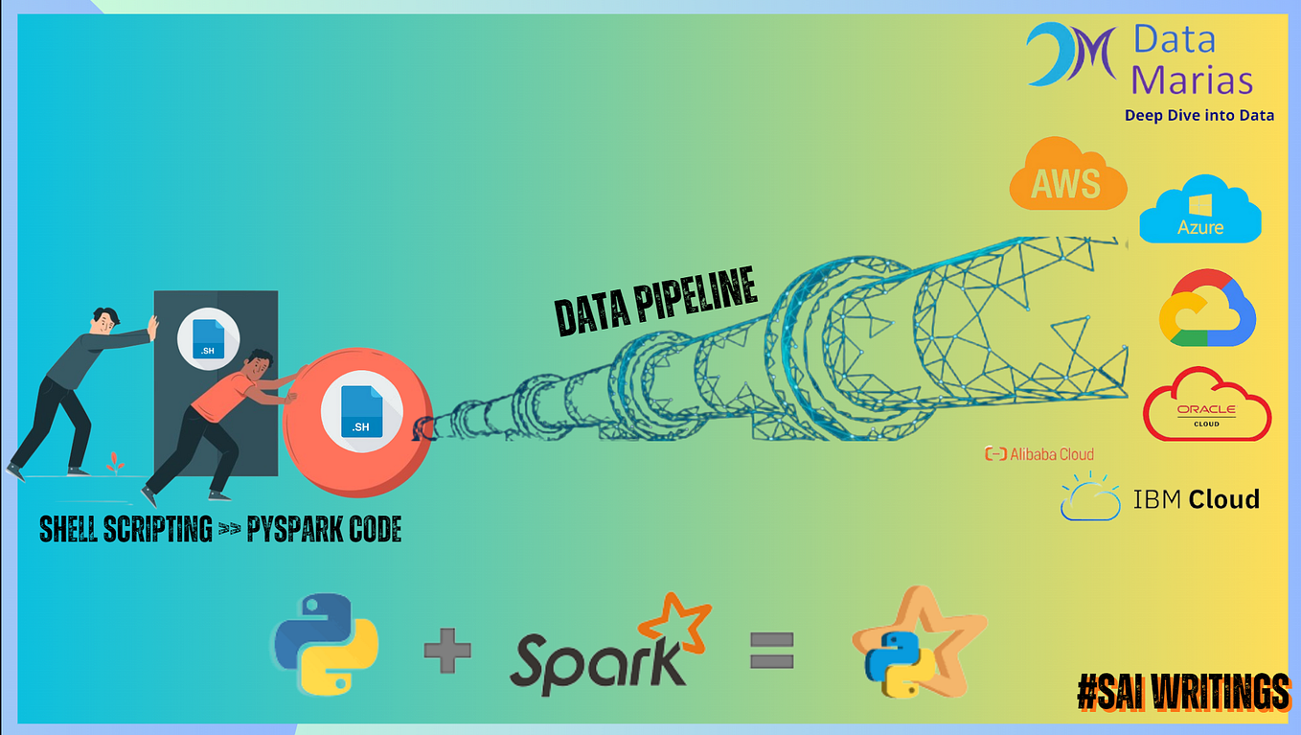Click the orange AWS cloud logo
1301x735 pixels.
click(x=1068, y=173)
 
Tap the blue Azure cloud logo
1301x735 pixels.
click(x=1200, y=209)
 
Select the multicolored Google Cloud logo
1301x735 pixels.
click(x=1207, y=308)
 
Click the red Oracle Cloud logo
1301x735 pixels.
click(x=1207, y=404)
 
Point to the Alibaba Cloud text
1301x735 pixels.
click(x=1039, y=454)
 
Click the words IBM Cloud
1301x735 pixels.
click(x=1196, y=499)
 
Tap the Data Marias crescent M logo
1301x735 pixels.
click(x=1070, y=54)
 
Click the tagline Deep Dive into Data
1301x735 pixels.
click(x=1199, y=115)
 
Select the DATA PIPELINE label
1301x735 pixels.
click(x=656, y=301)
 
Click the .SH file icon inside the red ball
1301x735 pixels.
click(x=361, y=411)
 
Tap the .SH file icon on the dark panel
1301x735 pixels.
click(x=208, y=338)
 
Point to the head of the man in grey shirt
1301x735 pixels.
click(x=105, y=321)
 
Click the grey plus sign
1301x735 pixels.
click(x=447, y=650)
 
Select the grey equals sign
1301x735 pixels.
click(x=772, y=651)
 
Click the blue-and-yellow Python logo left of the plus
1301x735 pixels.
click(x=327, y=644)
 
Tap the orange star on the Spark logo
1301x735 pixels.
click(x=674, y=622)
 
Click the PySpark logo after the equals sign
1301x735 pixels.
click(x=918, y=643)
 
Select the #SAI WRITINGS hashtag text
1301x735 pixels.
click(x=1184, y=693)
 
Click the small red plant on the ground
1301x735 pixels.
click(x=114, y=462)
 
